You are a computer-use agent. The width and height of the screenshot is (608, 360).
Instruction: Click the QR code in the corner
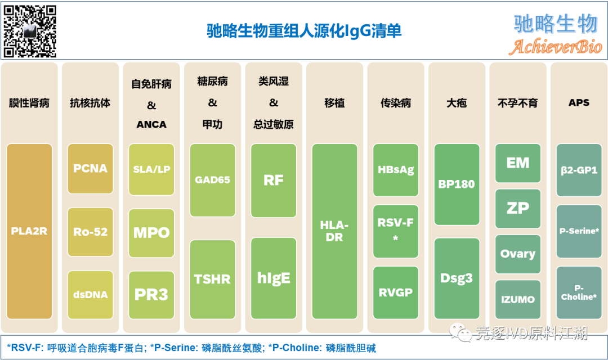click(x=30, y=31)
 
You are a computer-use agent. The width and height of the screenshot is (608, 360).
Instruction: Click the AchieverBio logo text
click(x=555, y=47)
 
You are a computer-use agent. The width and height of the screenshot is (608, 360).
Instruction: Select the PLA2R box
click(x=29, y=231)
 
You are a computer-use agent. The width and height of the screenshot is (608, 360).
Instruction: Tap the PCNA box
click(x=90, y=168)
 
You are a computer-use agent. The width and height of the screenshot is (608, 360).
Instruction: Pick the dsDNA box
click(x=90, y=294)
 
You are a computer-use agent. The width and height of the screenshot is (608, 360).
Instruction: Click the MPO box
click(x=151, y=232)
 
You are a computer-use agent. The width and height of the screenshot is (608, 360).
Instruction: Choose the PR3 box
click(x=151, y=294)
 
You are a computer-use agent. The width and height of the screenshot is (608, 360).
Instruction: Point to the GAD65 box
click(x=212, y=180)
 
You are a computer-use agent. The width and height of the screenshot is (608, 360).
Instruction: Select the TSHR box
click(x=212, y=279)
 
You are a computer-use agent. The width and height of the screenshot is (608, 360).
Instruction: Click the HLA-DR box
click(x=334, y=231)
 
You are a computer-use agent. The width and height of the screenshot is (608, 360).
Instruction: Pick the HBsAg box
click(x=396, y=169)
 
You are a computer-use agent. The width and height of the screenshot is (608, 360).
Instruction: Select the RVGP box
click(x=396, y=292)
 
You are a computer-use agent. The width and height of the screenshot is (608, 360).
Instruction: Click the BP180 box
click(x=457, y=184)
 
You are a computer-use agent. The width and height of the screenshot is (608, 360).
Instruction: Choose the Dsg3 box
click(x=457, y=278)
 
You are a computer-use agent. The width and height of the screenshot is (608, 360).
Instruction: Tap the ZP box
click(x=518, y=208)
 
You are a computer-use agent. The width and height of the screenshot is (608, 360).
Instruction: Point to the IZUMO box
click(x=518, y=299)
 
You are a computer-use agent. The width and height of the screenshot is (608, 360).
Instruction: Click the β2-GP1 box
click(x=579, y=169)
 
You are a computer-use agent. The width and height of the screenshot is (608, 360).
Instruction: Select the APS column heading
click(x=579, y=102)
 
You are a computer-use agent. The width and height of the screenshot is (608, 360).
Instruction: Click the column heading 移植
click(x=334, y=103)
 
